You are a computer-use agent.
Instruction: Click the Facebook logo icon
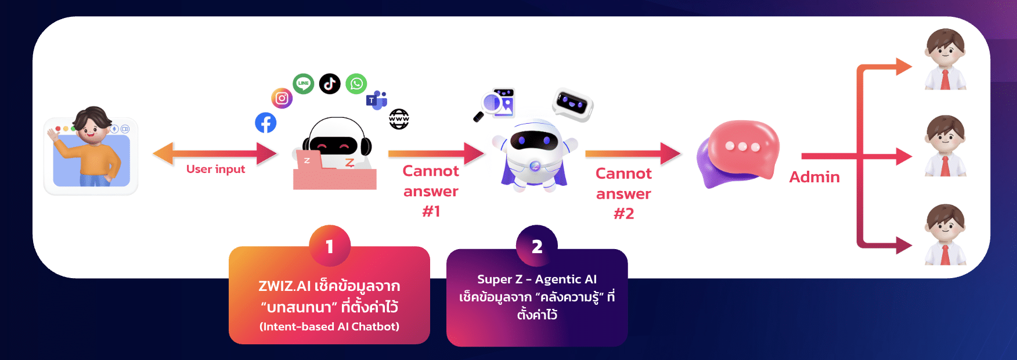(x=265, y=123)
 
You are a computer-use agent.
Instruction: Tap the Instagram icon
(x=282, y=98)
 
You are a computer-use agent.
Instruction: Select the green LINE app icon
(x=303, y=84)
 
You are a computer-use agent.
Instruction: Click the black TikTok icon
(x=330, y=84)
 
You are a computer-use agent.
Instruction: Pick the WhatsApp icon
(x=356, y=84)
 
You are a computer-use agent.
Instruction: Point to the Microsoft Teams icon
(x=376, y=100)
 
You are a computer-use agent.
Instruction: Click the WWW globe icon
(x=399, y=119)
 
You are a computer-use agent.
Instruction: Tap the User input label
(x=215, y=169)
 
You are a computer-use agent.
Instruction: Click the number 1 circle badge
(x=330, y=246)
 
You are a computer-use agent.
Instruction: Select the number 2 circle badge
(x=537, y=246)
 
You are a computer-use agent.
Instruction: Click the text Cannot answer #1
(x=431, y=190)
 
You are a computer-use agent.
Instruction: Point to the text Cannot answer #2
(x=623, y=193)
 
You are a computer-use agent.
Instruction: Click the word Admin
(x=814, y=177)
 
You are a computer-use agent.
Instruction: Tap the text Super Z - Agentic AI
(x=537, y=279)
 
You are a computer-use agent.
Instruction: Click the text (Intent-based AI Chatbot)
(x=329, y=326)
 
